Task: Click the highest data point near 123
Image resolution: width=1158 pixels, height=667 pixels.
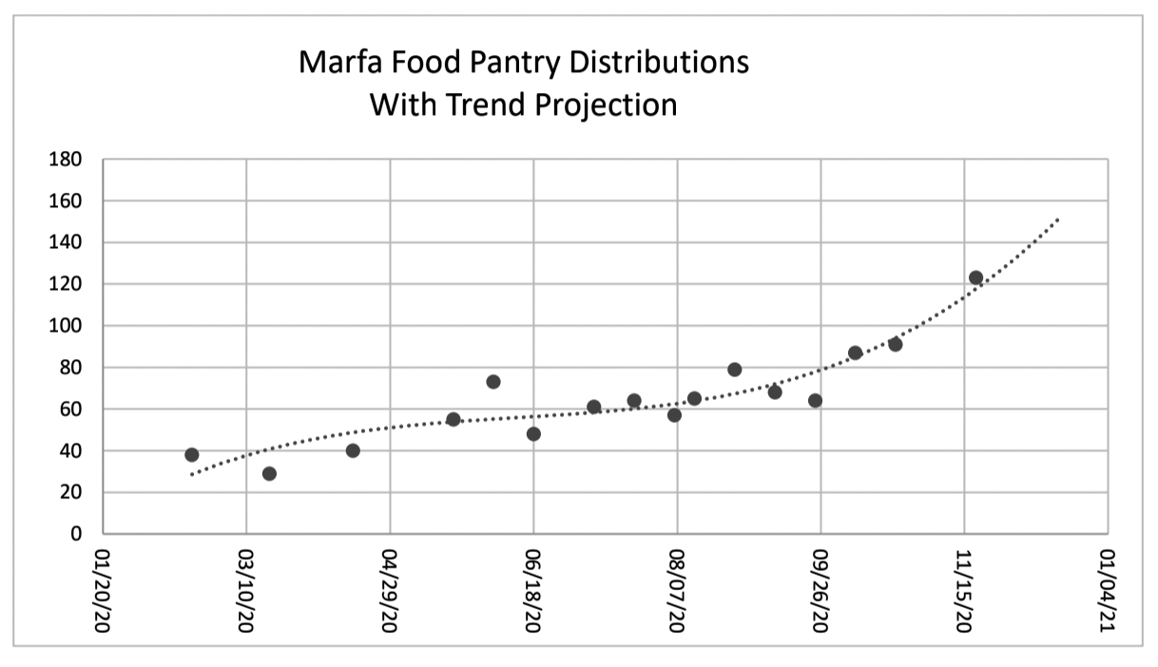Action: [975, 277]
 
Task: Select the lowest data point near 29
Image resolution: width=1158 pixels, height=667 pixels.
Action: [269, 473]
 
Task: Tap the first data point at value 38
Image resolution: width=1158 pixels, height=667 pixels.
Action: [191, 454]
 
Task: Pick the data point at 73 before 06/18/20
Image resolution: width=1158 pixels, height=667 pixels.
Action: [492, 381]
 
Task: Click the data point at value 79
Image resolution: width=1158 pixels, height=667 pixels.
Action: [734, 369]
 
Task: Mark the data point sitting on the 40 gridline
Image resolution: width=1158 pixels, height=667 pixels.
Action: [353, 450]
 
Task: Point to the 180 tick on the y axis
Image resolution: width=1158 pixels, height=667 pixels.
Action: [66, 160]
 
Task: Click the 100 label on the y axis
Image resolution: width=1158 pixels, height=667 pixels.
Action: [66, 326]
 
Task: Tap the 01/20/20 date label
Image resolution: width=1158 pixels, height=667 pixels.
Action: [102, 591]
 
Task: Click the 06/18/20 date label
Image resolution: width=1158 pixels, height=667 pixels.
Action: [532, 591]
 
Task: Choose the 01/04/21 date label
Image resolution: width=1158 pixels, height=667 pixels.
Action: [1107, 591]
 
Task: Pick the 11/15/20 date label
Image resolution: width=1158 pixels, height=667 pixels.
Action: [964, 591]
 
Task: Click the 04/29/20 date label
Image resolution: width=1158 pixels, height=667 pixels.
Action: [389, 591]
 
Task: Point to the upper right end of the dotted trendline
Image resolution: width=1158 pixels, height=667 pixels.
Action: [1058, 219]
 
